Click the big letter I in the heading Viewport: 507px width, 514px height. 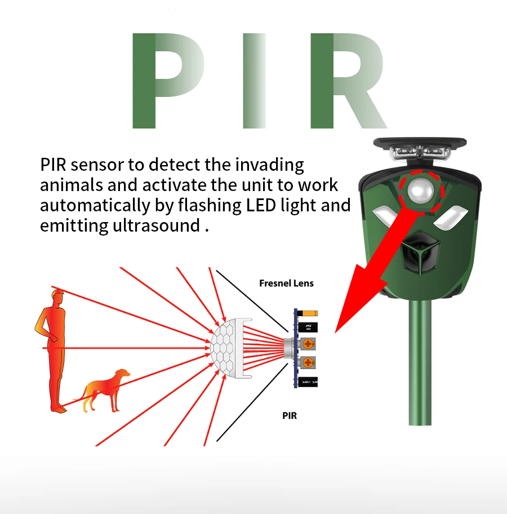click(x=253, y=81)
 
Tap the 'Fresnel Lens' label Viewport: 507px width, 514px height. click(x=286, y=283)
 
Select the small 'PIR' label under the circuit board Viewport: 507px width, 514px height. click(x=289, y=416)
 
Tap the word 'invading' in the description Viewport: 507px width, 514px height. click(x=269, y=165)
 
